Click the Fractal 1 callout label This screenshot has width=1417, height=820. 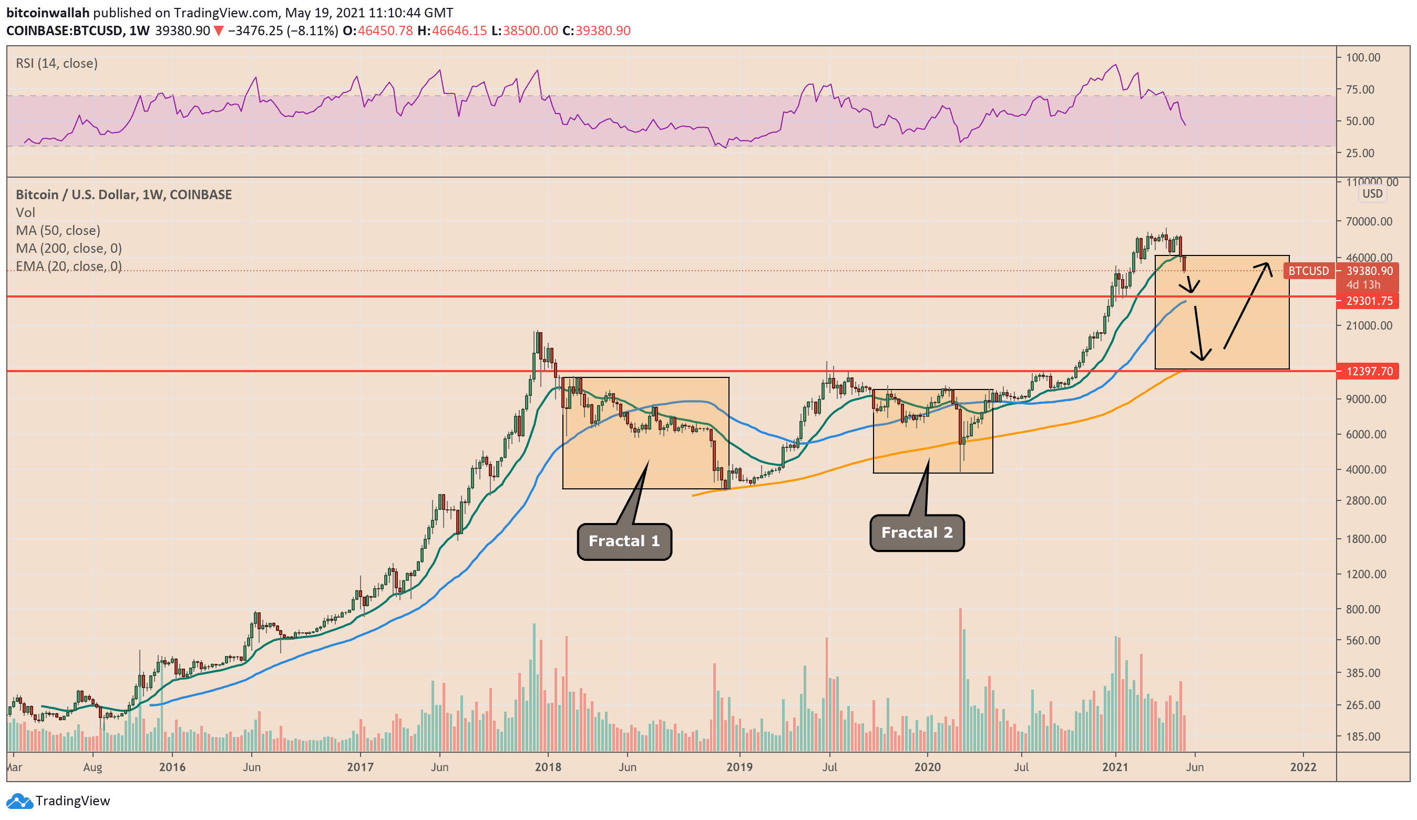pos(624,541)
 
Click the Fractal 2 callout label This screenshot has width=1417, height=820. pos(917,532)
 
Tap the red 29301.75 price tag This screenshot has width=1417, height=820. pos(1369,301)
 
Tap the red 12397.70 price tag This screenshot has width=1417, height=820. pos(1369,371)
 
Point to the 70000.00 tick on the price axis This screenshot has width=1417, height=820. pos(1369,222)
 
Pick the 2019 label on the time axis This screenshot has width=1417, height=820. pos(739,767)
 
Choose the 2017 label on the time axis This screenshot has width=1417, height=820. pos(360,767)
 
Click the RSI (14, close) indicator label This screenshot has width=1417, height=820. pos(57,64)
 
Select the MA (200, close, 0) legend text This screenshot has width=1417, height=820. pos(69,248)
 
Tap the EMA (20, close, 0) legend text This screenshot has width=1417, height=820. pos(69,266)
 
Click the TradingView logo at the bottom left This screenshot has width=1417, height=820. pos(58,801)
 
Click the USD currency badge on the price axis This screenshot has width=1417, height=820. pos(1372,193)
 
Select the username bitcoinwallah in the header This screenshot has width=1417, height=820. pos(48,13)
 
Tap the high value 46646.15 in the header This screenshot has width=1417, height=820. pos(459,31)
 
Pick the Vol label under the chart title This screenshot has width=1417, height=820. pos(25,212)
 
